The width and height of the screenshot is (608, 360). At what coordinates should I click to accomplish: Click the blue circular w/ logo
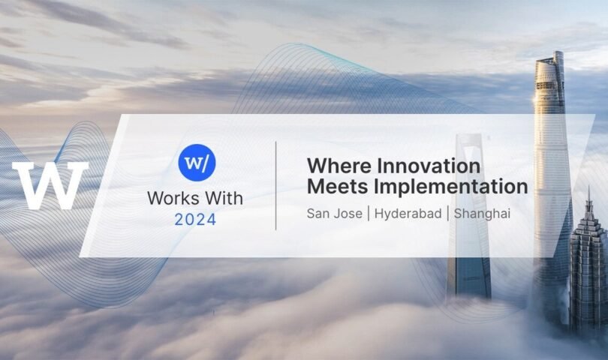[197, 162]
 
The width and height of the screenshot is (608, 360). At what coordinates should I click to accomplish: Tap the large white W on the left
[50, 185]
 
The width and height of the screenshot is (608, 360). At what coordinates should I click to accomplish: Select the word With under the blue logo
[224, 198]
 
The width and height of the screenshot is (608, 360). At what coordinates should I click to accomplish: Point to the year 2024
[195, 220]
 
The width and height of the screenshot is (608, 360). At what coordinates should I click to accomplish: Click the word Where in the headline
[339, 166]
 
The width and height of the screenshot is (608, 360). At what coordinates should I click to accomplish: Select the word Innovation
[429, 166]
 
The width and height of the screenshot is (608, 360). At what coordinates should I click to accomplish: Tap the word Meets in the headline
[337, 187]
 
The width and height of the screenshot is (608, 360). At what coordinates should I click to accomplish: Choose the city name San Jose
[334, 214]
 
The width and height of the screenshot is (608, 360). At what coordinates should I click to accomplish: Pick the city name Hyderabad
[408, 214]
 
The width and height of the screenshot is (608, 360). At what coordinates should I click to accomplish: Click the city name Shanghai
[482, 214]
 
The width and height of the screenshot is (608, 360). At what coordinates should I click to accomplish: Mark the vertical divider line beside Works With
[275, 185]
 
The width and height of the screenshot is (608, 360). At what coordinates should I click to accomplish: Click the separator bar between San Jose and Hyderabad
[369, 214]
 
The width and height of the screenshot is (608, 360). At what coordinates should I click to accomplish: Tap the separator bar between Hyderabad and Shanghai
[448, 214]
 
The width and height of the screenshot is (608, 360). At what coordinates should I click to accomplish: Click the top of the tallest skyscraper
[558, 52]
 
